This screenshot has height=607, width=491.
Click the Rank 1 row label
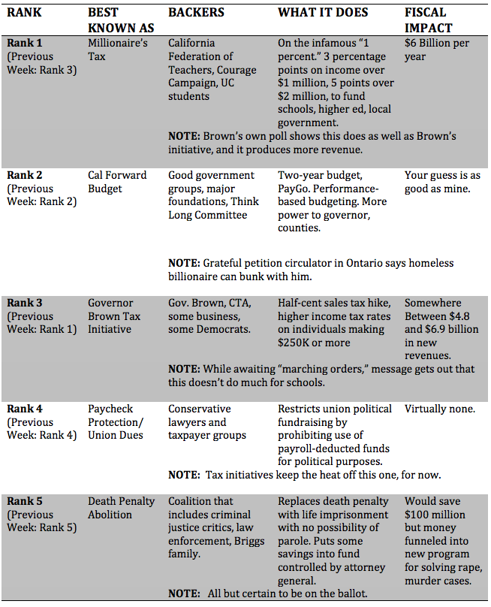tap(26, 44)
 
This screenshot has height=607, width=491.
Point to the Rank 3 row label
tap(26, 303)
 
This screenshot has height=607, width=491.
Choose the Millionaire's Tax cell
tap(118, 50)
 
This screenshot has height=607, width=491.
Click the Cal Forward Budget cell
tap(117, 182)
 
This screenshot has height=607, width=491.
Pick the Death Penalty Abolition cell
tap(121, 508)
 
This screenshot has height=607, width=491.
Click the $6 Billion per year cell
tap(437, 50)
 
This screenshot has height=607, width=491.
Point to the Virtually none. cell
tap(440, 409)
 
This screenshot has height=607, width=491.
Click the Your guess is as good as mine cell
tap(442, 182)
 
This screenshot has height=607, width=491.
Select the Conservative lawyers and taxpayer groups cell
tap(207, 422)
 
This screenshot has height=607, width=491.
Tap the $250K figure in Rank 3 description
tap(295, 343)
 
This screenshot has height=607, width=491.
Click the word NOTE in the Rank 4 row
tap(183, 475)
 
